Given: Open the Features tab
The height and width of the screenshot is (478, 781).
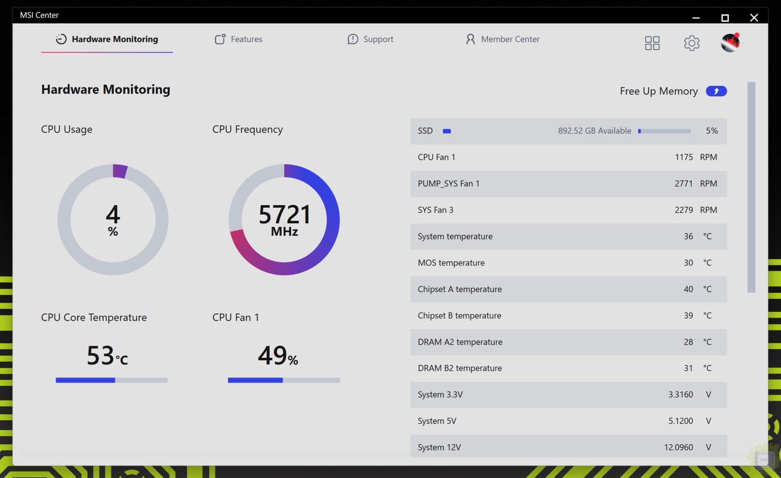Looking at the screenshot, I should pyautogui.click(x=238, y=39).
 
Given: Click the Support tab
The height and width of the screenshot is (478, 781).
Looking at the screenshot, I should pyautogui.click(x=370, y=39).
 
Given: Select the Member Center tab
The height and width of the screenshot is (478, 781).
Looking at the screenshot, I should pyautogui.click(x=502, y=39).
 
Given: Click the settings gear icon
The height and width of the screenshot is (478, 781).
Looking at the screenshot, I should pyautogui.click(x=691, y=43).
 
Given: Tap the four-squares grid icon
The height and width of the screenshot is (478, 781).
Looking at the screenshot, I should pyautogui.click(x=652, y=43).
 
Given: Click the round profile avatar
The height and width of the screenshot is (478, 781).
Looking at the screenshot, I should pyautogui.click(x=730, y=43).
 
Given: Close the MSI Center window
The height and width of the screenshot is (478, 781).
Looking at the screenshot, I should pyautogui.click(x=753, y=18).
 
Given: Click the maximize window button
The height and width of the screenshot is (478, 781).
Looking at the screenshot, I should pyautogui.click(x=725, y=18).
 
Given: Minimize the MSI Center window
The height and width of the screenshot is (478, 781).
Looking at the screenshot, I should pyautogui.click(x=696, y=18).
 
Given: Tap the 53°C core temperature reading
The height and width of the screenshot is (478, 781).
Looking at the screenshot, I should pyautogui.click(x=107, y=356).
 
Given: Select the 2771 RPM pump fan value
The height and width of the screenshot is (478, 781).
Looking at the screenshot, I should pyautogui.click(x=683, y=184).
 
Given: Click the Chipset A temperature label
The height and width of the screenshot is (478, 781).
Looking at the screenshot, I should pyautogui.click(x=460, y=289).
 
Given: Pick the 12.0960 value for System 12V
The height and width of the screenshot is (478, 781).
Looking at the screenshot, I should pyautogui.click(x=678, y=447).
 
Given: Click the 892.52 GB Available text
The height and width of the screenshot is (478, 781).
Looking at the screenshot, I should pyautogui.click(x=595, y=131).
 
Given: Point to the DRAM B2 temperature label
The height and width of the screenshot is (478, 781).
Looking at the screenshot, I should pyautogui.click(x=460, y=368).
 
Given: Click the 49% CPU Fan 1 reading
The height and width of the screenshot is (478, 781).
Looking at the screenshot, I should pyautogui.click(x=278, y=356).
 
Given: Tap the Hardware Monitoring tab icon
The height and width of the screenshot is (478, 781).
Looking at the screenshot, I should pyautogui.click(x=61, y=39).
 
